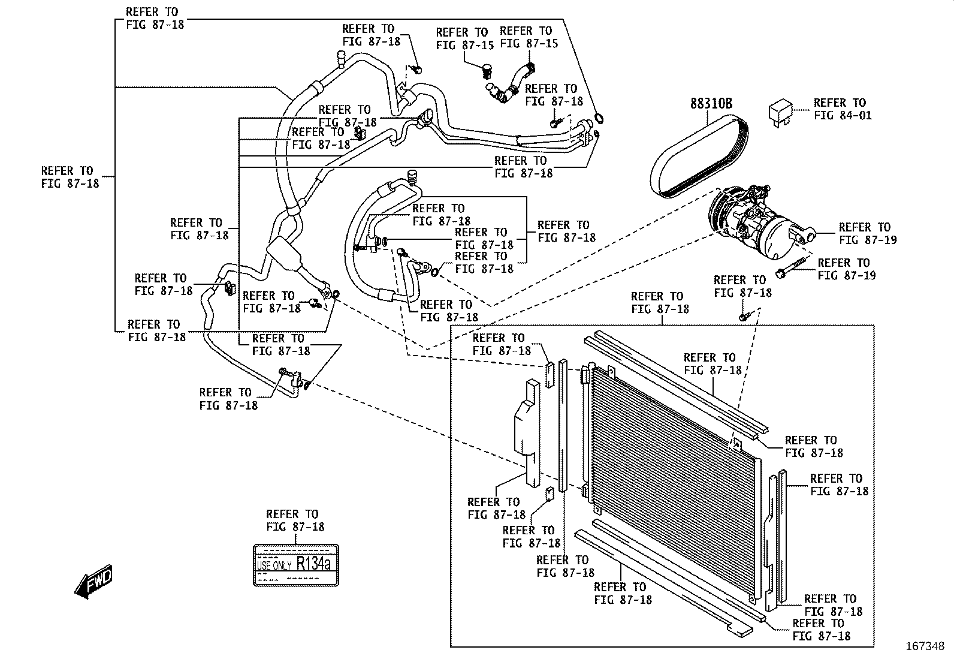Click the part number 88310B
pos(711,104)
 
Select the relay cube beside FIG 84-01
pos(781,113)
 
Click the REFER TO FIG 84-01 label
pos(842,109)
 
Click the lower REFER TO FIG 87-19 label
pos(846,269)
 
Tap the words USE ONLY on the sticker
pos(274,565)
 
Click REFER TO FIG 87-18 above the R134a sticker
pos(295,520)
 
